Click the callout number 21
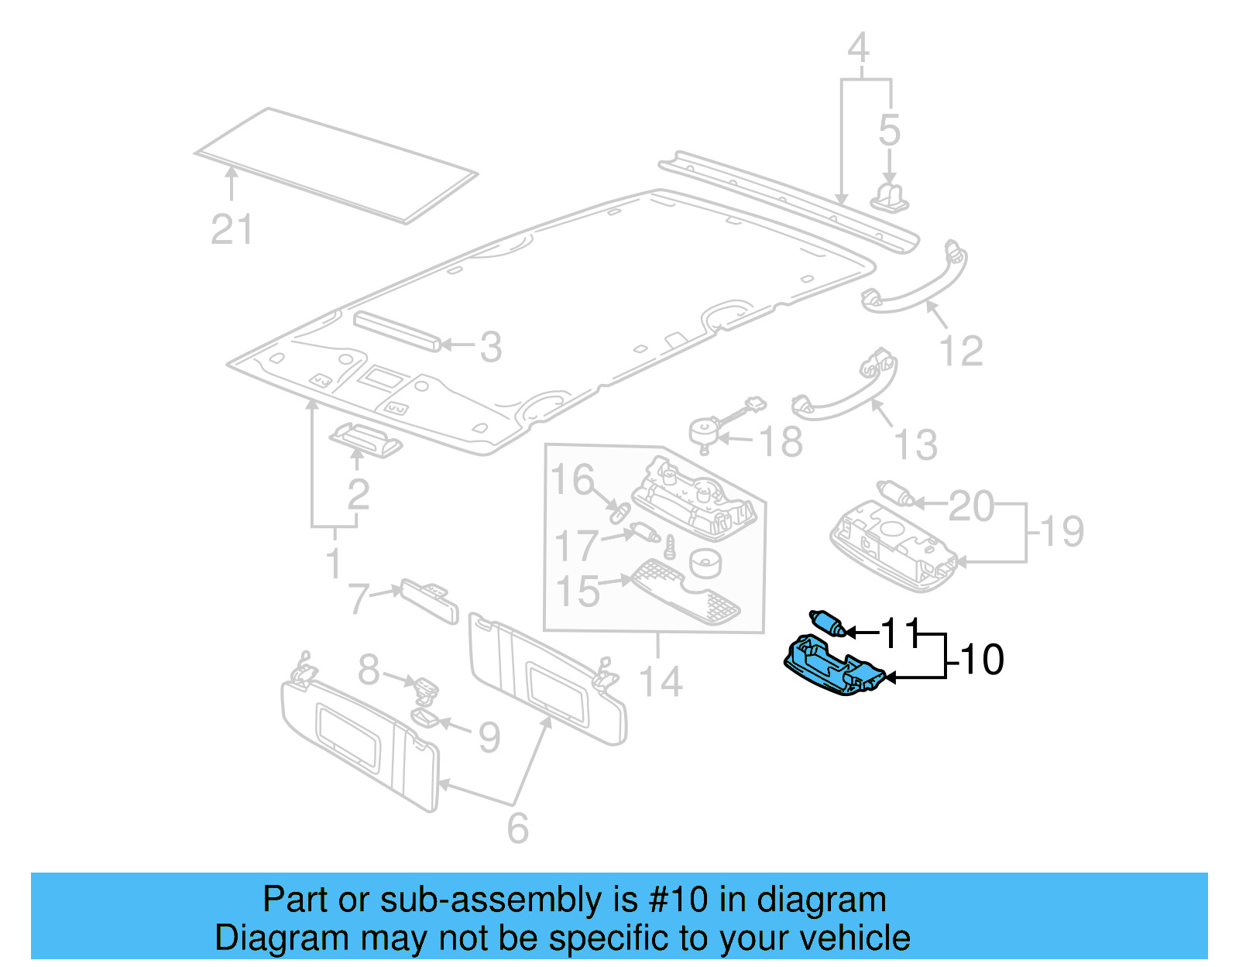[x=232, y=230]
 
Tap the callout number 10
[x=981, y=660]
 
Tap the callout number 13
[x=915, y=445]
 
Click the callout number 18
[x=781, y=442]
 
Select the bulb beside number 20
[x=896, y=493]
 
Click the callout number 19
[x=1062, y=531]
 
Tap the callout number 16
[x=572, y=479]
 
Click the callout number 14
[x=661, y=682]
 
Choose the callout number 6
[x=517, y=828]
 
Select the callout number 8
[x=369, y=670]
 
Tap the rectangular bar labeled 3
[x=396, y=331]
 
